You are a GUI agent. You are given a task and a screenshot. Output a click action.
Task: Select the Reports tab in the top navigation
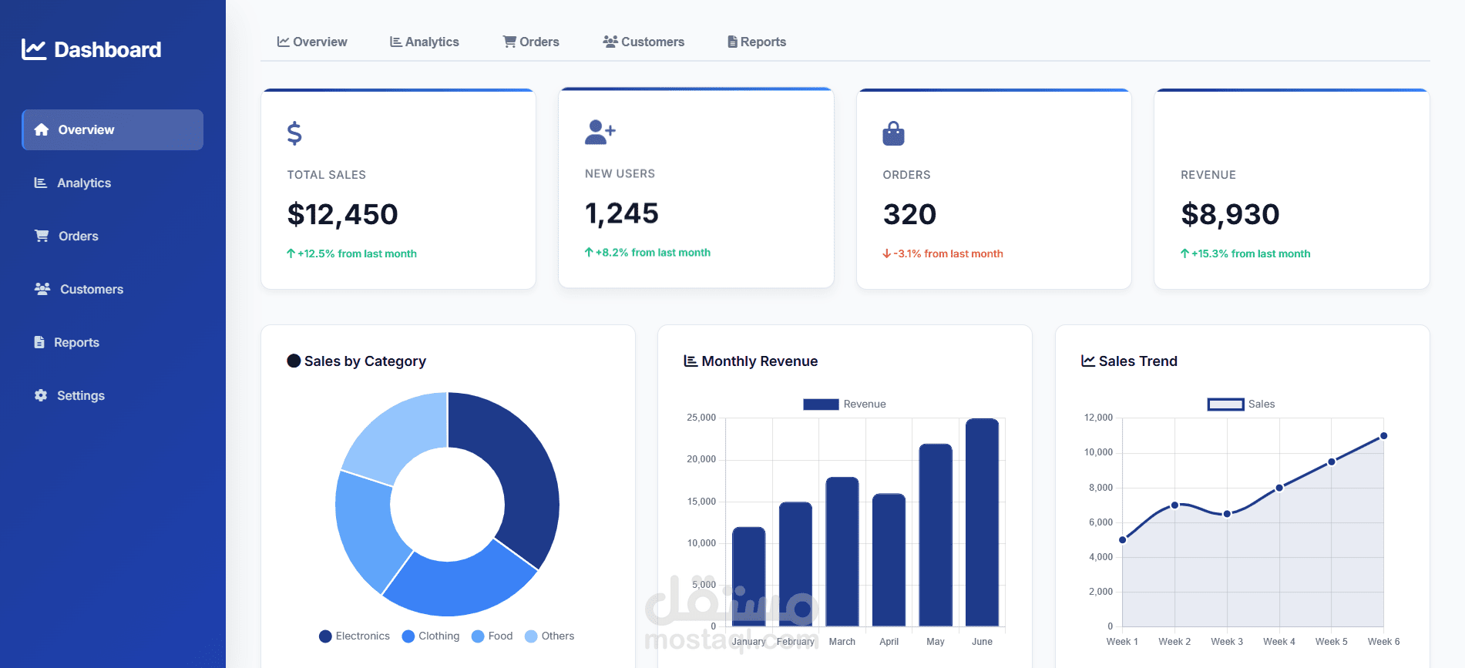757,42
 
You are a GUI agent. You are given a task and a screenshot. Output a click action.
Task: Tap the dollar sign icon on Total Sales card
294,133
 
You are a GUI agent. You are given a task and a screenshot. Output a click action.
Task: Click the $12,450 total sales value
342,214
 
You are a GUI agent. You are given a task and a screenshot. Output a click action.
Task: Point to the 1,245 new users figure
621,213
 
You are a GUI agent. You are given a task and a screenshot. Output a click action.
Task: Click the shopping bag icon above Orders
893,133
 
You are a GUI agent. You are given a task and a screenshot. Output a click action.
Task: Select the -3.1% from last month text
943,253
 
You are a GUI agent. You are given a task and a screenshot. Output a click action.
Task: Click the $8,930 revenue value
1230,214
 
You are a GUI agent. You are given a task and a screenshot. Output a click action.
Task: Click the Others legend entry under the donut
549,636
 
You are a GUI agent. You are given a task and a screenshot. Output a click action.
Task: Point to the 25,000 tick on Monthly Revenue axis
701,418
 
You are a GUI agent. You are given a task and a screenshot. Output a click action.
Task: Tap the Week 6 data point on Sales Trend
1383,436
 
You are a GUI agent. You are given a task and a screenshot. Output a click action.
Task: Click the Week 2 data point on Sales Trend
1174,505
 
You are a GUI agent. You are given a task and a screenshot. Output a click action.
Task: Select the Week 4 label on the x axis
1279,641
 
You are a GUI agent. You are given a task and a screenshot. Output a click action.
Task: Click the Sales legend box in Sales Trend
1225,404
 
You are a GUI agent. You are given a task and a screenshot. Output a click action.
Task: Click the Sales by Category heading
365,361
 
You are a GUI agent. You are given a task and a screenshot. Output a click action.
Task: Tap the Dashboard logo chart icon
34,49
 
